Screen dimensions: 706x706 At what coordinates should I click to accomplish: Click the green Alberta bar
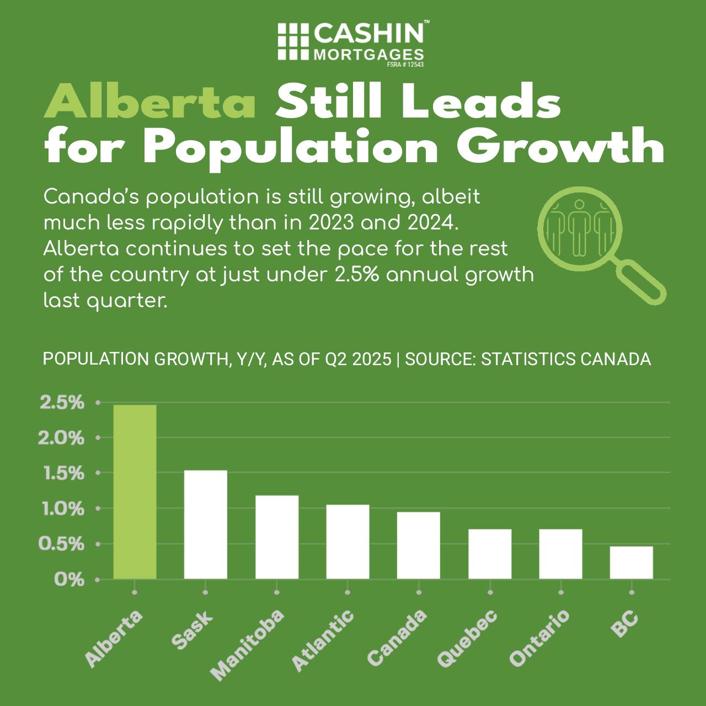[x=135, y=491]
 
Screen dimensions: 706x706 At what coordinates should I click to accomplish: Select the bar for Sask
[x=205, y=524]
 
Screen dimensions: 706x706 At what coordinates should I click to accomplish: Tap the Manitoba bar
[x=276, y=537]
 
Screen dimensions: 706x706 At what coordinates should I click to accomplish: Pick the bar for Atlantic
[x=347, y=541]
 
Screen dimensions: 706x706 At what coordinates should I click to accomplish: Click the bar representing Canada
[x=418, y=545]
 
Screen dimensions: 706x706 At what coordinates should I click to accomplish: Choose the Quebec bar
[x=489, y=553]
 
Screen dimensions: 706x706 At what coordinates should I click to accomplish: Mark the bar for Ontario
[x=560, y=553]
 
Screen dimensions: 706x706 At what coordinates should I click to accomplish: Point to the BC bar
[x=631, y=562]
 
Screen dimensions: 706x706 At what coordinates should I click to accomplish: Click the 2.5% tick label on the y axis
[x=62, y=403]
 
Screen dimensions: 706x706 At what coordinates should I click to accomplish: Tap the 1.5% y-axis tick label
[x=62, y=473]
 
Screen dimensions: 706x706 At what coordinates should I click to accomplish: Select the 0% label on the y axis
[x=69, y=580]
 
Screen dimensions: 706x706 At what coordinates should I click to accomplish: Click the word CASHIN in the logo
[x=368, y=34]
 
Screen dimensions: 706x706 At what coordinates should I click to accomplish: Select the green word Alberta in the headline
[x=149, y=103]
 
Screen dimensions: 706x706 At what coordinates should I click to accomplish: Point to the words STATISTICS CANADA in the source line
[x=566, y=359]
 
